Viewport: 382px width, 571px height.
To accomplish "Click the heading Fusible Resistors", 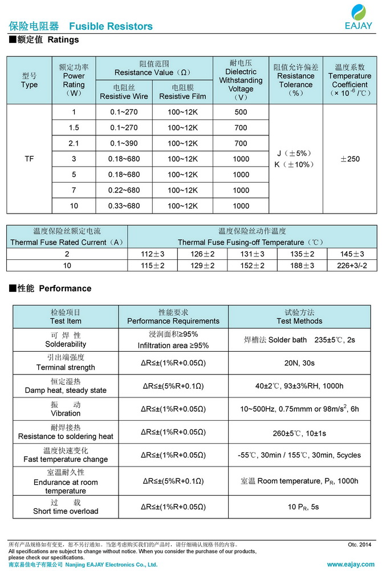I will click(111, 26).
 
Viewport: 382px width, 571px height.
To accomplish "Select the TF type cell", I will click(29, 159).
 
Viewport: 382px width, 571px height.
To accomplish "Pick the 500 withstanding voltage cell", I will click(241, 112).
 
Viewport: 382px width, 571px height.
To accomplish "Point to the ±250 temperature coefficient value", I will click(350, 159).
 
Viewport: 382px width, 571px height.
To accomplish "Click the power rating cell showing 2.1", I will click(74, 143).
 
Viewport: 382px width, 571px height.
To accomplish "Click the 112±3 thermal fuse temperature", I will click(152, 254).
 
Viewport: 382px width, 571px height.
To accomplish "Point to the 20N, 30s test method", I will click(299, 363).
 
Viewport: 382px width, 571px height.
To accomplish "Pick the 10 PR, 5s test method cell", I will click(299, 506).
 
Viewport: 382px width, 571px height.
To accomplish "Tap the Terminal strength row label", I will click(66, 367).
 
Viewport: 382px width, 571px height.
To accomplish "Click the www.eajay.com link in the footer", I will click(350, 565).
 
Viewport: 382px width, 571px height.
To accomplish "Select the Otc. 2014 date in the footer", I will click(359, 545).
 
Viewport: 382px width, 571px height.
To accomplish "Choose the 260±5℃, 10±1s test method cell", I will click(299, 433).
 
